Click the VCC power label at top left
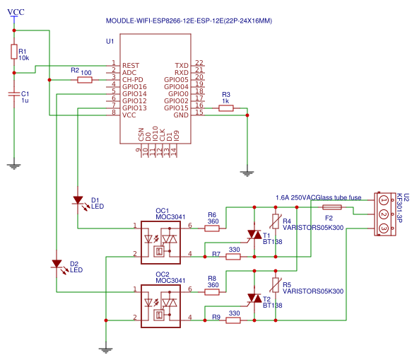click(16, 12)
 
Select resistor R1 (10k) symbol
click(14, 52)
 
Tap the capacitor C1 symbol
click(14, 94)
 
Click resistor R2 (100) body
click(85, 80)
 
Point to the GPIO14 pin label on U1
click(134, 94)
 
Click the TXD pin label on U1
click(182, 66)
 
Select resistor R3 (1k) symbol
click(225, 108)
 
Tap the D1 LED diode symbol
click(78, 200)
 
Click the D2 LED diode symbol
click(57, 264)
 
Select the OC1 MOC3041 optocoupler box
click(160, 243)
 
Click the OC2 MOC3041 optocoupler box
click(160, 306)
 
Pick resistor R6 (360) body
click(212, 228)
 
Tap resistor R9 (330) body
click(233, 320)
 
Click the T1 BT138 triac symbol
click(254, 235)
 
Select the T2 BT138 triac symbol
click(254, 298)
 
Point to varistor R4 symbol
click(276, 221)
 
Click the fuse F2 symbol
click(332, 207)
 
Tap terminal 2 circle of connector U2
click(384, 214)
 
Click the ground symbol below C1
click(14, 167)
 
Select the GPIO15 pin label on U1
click(176, 108)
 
